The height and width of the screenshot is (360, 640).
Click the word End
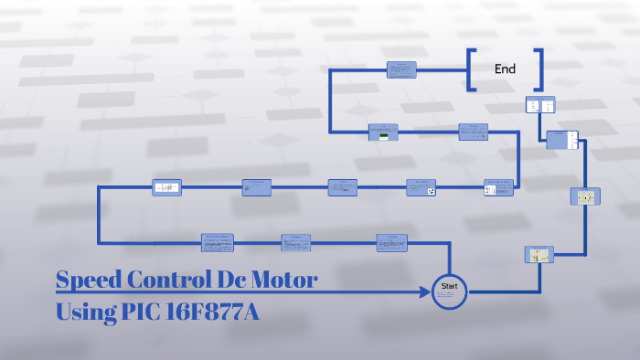(x=505, y=69)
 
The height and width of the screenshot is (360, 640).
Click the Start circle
(x=449, y=291)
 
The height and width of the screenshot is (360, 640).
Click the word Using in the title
(x=85, y=312)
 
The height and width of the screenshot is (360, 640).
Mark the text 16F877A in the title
(x=217, y=312)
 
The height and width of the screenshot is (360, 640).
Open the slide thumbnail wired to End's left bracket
(x=401, y=69)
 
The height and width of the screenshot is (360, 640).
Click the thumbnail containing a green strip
(x=383, y=132)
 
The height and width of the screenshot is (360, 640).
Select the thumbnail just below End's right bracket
(x=539, y=105)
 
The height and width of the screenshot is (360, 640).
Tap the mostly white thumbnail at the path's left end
(x=166, y=187)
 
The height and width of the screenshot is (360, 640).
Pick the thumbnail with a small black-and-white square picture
(x=421, y=187)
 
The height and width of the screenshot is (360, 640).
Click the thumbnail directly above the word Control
(x=219, y=242)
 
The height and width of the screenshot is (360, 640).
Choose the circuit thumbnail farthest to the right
(x=584, y=196)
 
